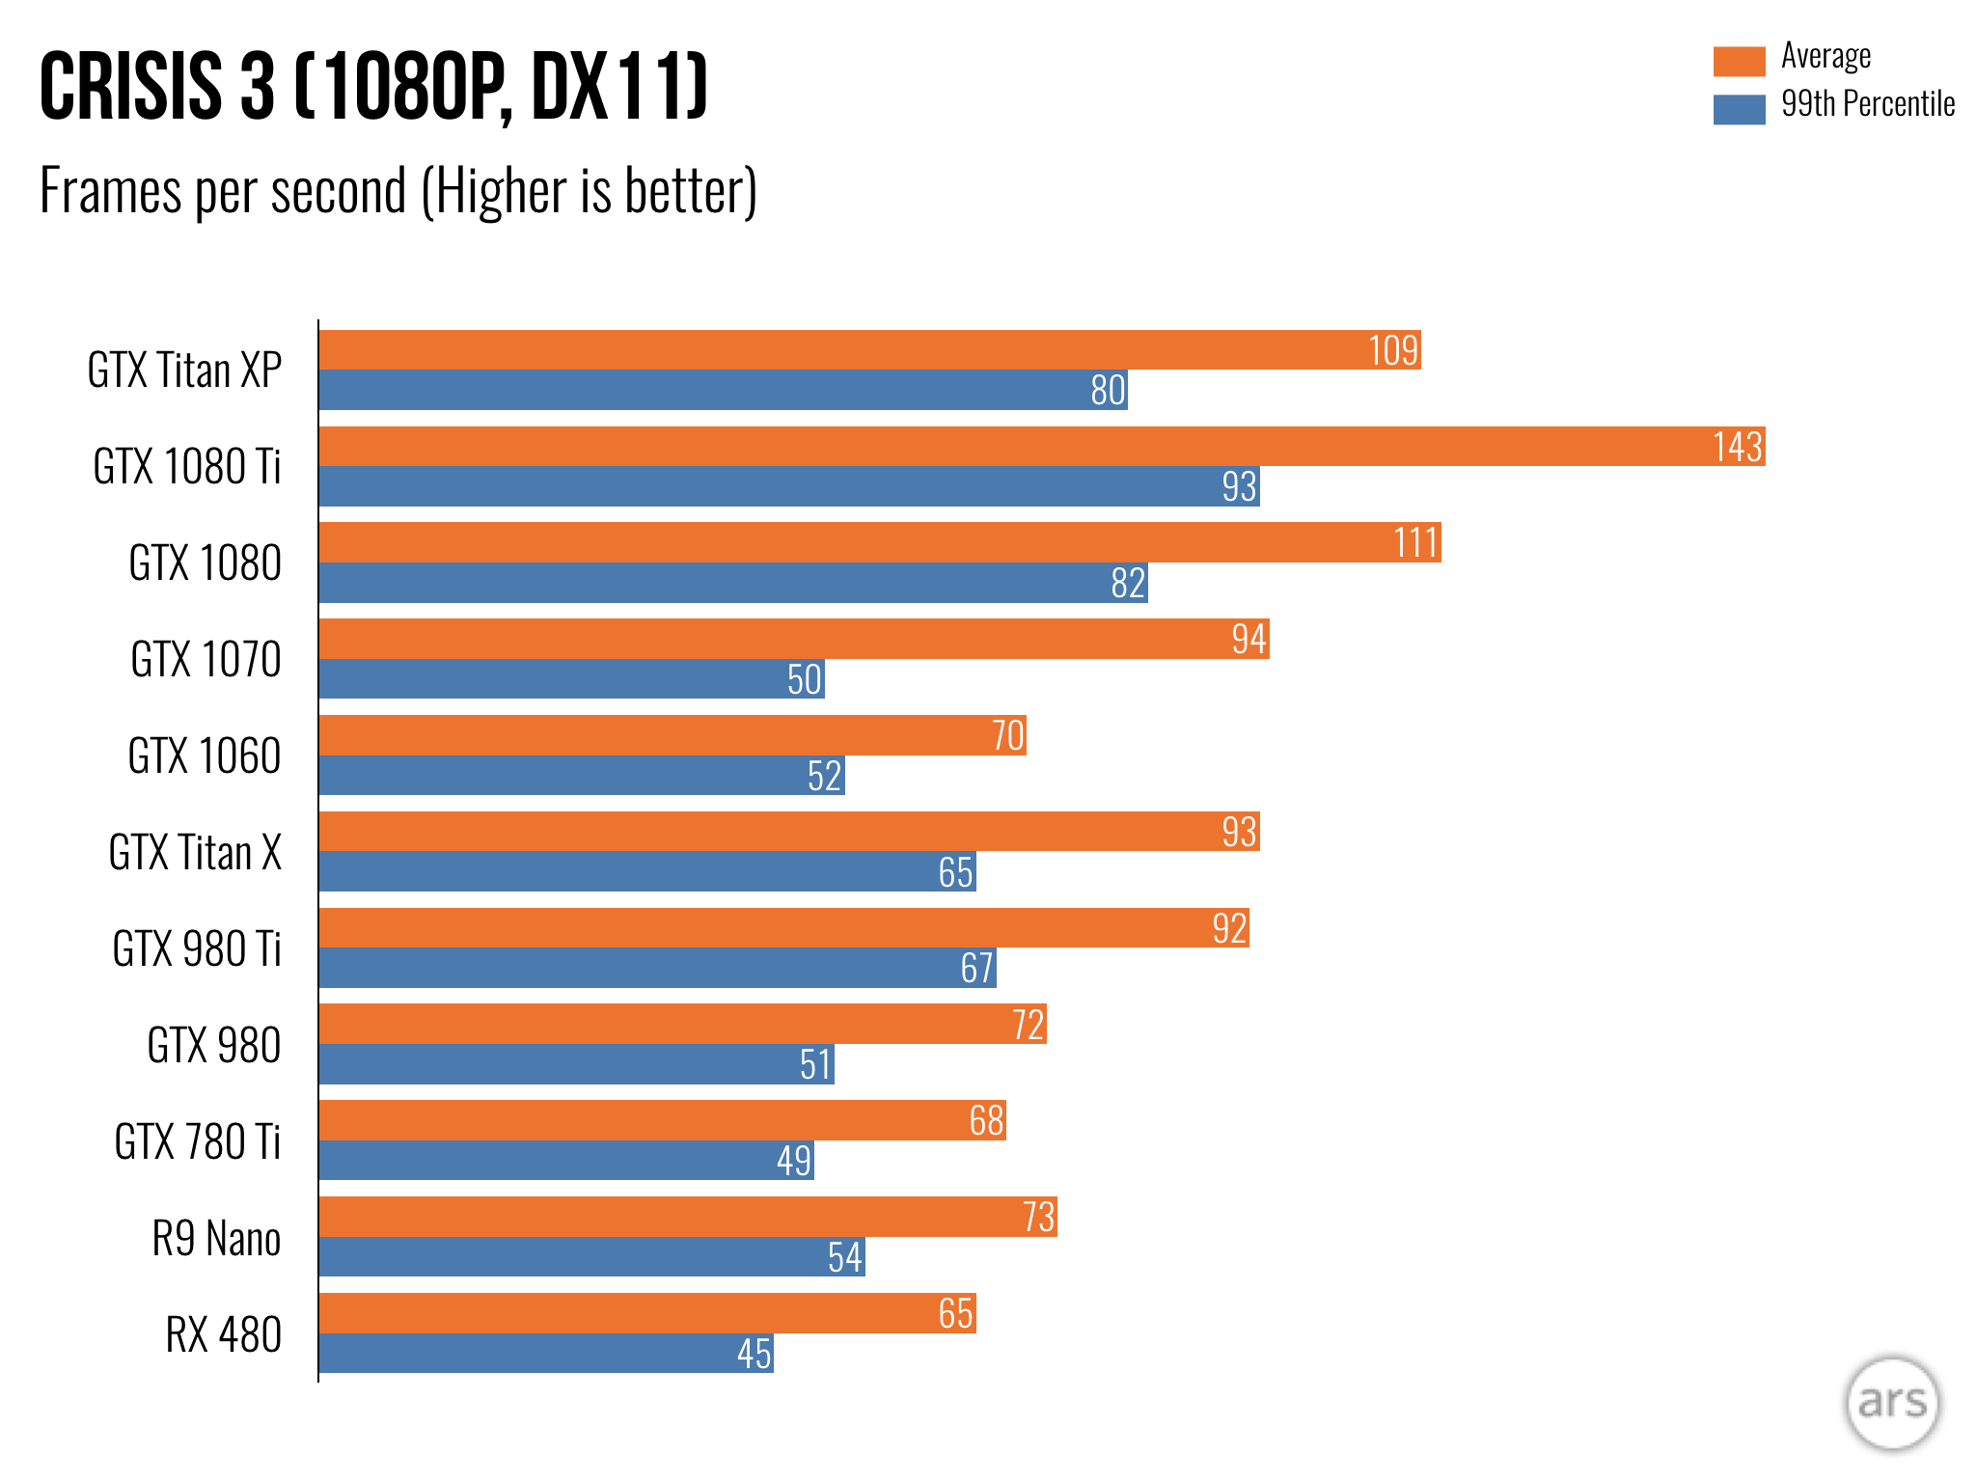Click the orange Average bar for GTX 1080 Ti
click(1042, 447)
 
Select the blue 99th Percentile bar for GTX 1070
click(571, 679)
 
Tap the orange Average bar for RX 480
click(646, 1313)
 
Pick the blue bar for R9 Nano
click(591, 1257)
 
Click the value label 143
click(1737, 447)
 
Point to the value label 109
click(1393, 350)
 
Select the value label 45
click(754, 1354)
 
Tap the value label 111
click(1415, 543)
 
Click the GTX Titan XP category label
click(184, 370)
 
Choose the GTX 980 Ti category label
click(197, 948)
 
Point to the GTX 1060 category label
click(205, 755)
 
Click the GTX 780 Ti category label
click(198, 1141)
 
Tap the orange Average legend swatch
click(1739, 61)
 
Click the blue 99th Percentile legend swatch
click(1739, 109)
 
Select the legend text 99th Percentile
click(1868, 104)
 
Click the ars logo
click(1891, 1403)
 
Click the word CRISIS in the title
click(131, 87)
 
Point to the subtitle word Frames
click(110, 191)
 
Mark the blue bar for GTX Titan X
click(646, 871)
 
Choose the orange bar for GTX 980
click(682, 1024)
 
